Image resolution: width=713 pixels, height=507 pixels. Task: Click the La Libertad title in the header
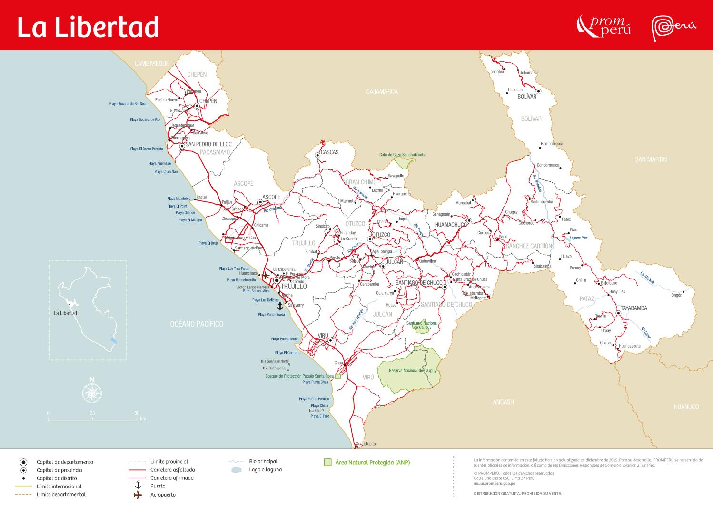click(x=88, y=27)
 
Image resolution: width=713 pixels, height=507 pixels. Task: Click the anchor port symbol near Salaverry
click(x=280, y=305)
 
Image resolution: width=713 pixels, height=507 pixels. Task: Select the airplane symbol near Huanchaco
click(x=265, y=275)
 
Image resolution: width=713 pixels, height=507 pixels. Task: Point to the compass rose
click(x=92, y=392)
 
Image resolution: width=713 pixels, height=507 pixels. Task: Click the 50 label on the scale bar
click(x=137, y=413)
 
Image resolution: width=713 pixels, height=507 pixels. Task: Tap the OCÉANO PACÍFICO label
click(x=197, y=324)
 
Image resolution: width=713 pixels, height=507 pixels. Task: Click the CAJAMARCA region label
click(x=382, y=91)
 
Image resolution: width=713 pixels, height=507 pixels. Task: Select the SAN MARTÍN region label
click(x=651, y=159)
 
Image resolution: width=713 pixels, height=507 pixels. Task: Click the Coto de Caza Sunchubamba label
click(x=403, y=155)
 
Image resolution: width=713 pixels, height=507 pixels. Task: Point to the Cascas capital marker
click(x=317, y=155)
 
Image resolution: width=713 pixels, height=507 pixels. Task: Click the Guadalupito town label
click(x=366, y=444)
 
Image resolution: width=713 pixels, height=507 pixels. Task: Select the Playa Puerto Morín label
click(x=285, y=339)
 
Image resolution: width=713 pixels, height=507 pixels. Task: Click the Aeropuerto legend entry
click(x=163, y=495)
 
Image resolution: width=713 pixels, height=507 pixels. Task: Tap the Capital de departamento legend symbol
click(x=23, y=462)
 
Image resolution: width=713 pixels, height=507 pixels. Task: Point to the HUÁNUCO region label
click(x=686, y=407)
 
